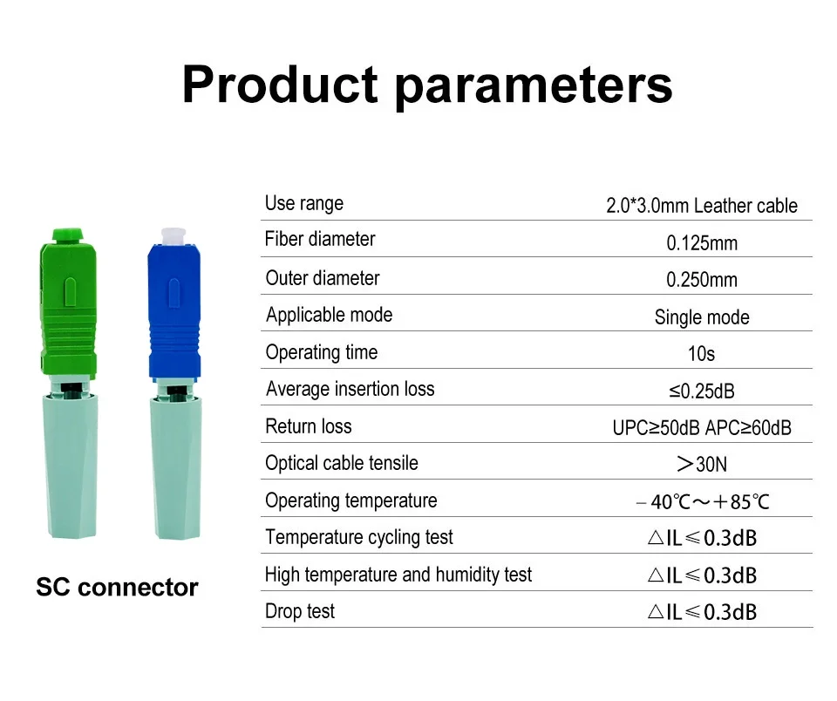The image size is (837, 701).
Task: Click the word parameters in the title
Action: click(534, 88)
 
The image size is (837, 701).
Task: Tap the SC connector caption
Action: click(117, 588)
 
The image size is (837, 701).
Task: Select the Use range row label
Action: click(304, 203)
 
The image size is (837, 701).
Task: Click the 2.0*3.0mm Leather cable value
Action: click(701, 206)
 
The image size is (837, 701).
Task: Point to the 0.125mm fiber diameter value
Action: click(702, 243)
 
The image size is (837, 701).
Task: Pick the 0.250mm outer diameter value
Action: click(702, 280)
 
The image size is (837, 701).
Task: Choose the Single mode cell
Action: click(702, 317)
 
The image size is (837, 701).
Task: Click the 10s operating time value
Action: click(701, 353)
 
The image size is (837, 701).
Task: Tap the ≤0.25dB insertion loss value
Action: click(702, 391)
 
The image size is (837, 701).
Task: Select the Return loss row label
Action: click(309, 426)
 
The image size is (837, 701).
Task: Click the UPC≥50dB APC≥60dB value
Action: click(702, 427)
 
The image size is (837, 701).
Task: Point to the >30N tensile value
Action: click(702, 465)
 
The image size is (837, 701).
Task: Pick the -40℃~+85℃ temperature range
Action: click(703, 502)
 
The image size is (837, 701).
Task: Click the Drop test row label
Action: click(300, 611)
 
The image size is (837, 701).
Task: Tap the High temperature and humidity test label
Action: click(398, 575)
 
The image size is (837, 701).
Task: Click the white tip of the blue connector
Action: click(173, 236)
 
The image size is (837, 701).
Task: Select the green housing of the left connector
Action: click(68, 304)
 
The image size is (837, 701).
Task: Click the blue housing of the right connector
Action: click(174, 312)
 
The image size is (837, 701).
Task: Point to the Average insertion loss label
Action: click(350, 389)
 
